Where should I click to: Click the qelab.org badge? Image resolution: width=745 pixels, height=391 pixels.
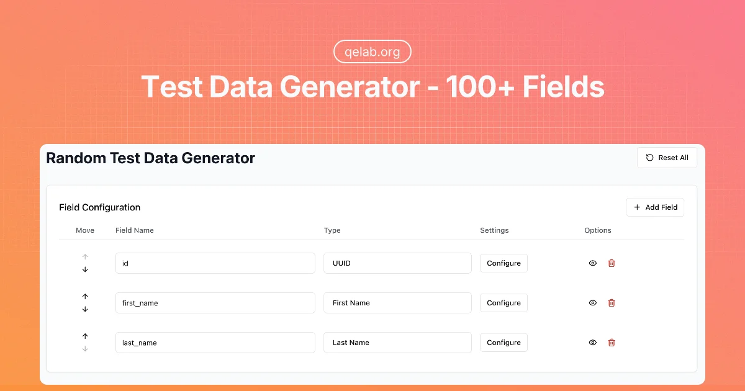pyautogui.click(x=372, y=52)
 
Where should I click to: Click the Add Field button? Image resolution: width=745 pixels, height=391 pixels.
pyautogui.click(x=655, y=207)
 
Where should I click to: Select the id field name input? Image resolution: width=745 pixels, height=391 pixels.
pyautogui.click(x=215, y=263)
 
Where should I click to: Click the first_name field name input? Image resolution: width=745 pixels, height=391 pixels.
pyautogui.click(x=215, y=303)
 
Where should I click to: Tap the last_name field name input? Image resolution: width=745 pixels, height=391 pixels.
pyautogui.click(x=215, y=343)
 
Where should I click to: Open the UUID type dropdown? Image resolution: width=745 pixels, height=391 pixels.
pyautogui.click(x=397, y=263)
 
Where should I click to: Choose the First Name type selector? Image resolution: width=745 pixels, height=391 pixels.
pyautogui.click(x=397, y=303)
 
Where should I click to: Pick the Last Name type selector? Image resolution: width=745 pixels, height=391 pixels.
pyautogui.click(x=397, y=343)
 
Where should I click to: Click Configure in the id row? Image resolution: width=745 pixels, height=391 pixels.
pyautogui.click(x=503, y=263)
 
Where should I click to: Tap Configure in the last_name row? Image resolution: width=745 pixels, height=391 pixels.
pyautogui.click(x=503, y=343)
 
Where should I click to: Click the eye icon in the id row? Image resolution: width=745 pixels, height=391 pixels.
pyautogui.click(x=593, y=263)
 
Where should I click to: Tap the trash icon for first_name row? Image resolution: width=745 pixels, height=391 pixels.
pyautogui.click(x=612, y=303)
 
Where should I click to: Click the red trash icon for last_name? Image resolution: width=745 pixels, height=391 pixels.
pyautogui.click(x=612, y=343)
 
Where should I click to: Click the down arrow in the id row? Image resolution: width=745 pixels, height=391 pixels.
pyautogui.click(x=85, y=269)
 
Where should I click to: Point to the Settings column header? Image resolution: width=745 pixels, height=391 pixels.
pyautogui.click(x=494, y=230)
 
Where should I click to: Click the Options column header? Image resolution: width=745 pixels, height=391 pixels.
pyautogui.click(x=598, y=230)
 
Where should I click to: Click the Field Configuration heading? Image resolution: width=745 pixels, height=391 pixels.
pyautogui.click(x=100, y=207)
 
